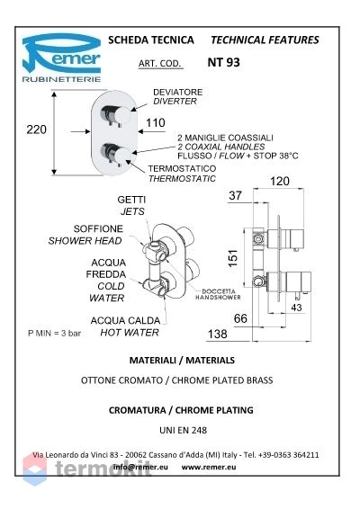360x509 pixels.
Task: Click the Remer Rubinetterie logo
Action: (61, 58)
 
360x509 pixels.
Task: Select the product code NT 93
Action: (223, 62)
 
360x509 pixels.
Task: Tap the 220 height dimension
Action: (36, 129)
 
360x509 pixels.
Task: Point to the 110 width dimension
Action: (156, 122)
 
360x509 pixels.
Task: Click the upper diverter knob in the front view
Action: (115, 114)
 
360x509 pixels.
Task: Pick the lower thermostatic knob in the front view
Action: (115, 153)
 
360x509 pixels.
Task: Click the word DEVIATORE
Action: (177, 93)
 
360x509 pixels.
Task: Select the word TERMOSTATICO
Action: (182, 169)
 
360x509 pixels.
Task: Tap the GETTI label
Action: (131, 200)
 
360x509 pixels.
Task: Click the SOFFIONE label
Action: (98, 228)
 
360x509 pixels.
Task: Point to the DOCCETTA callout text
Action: (219, 291)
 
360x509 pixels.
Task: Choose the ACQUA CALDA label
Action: (125, 321)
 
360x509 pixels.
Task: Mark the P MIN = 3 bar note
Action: (54, 333)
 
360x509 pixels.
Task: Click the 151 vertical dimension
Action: (233, 258)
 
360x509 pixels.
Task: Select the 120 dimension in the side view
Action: (280, 181)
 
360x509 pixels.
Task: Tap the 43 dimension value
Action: (296, 307)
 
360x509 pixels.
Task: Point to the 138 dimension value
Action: (218, 334)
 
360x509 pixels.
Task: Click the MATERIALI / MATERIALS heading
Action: (182, 361)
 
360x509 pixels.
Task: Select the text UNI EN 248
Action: (183, 431)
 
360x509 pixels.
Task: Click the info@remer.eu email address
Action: (140, 467)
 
